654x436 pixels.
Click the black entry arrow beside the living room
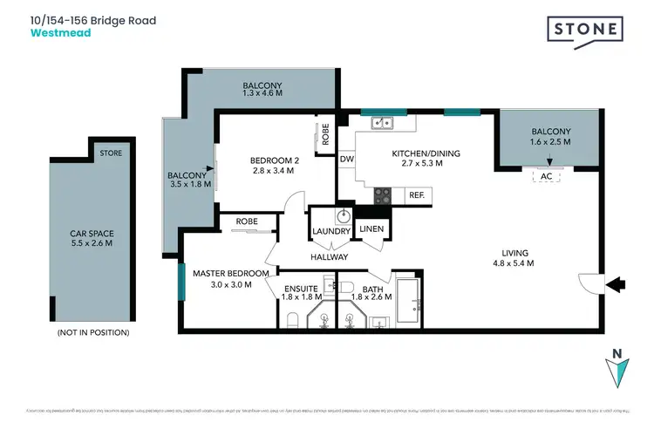click(615, 283)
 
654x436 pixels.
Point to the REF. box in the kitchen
click(417, 195)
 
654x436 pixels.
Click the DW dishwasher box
click(346, 160)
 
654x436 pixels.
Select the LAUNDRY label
click(330, 231)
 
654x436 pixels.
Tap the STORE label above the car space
click(111, 153)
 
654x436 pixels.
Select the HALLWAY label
click(328, 257)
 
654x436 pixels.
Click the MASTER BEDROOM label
click(222, 273)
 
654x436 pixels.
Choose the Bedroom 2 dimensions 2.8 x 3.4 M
click(272, 171)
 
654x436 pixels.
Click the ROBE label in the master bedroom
click(247, 222)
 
